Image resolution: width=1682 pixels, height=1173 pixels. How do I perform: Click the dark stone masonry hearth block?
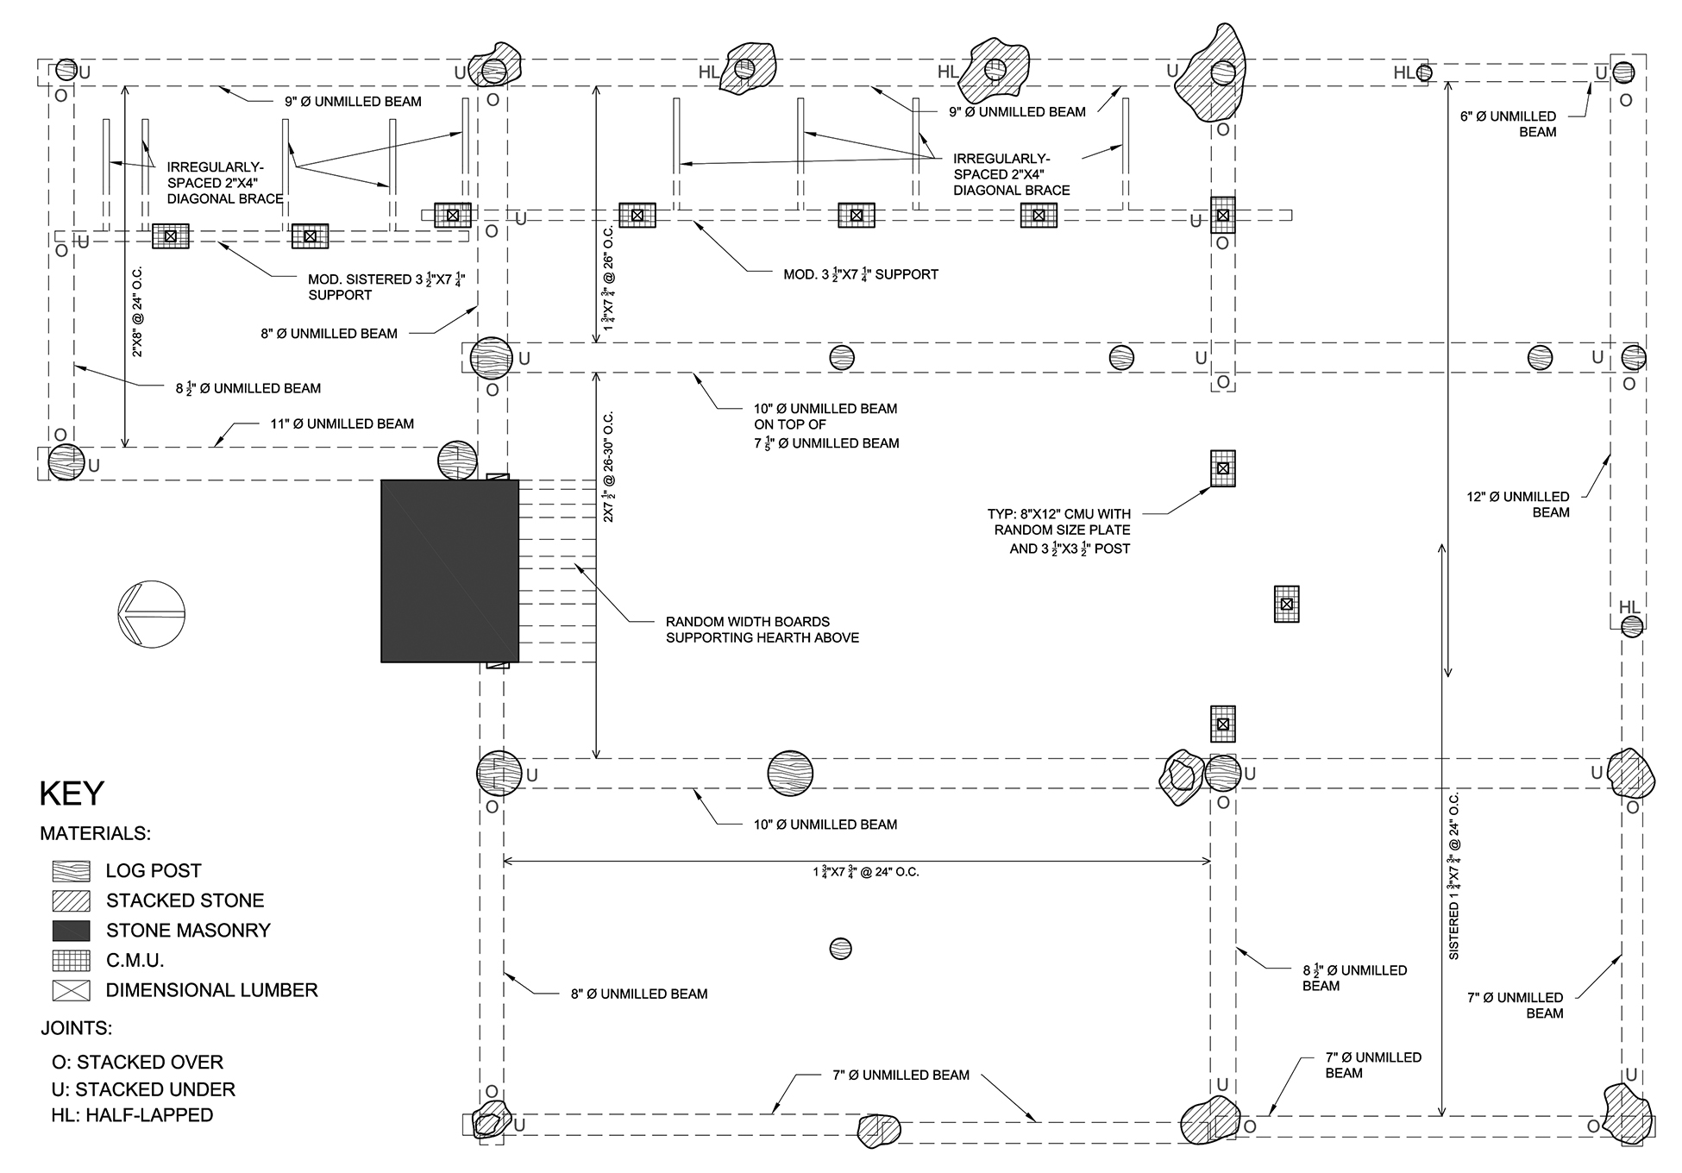coord(449,571)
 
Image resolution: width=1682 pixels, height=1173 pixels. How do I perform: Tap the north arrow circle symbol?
coord(151,614)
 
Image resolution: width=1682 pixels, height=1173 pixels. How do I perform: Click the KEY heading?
coord(72,793)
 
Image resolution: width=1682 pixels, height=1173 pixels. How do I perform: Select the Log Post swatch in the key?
coord(71,871)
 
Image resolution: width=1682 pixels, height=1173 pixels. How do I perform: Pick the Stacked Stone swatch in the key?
coord(71,900)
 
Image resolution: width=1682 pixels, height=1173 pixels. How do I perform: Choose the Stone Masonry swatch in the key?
coord(71,931)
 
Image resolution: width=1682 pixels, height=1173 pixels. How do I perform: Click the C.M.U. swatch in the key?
coord(71,961)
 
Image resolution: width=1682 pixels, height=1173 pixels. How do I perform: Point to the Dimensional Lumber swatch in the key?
coord(71,990)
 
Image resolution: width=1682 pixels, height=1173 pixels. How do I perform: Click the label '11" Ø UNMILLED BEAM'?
coord(342,423)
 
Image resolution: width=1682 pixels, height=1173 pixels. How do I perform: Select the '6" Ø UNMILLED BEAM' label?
coord(1510,124)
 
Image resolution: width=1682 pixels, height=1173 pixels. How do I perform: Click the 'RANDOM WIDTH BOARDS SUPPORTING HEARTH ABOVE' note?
coord(763,630)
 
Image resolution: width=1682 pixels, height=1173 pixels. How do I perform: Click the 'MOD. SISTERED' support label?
coord(392,286)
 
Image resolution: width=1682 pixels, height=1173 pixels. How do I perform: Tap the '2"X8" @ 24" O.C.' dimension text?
coord(137,312)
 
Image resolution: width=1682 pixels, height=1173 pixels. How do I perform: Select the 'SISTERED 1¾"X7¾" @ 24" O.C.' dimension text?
coord(1453,876)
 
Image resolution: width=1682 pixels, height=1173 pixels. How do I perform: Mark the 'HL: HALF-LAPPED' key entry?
coord(132,1115)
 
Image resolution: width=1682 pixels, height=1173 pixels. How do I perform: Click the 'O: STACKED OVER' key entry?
coord(138,1063)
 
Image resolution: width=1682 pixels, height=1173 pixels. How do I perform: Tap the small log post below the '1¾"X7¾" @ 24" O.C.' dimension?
coord(840,949)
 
